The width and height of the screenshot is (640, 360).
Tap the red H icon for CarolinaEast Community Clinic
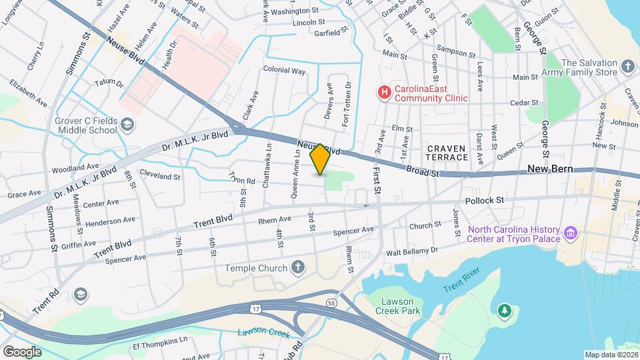(x=383, y=93)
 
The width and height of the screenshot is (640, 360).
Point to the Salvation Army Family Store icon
(x=627, y=67)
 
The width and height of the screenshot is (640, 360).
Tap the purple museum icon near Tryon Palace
(x=571, y=233)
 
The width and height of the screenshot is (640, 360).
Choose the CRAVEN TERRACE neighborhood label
(x=447, y=153)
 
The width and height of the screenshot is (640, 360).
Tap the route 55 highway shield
(x=331, y=303)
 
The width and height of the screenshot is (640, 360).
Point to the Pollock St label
(x=485, y=199)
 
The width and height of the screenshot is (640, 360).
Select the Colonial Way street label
(x=284, y=70)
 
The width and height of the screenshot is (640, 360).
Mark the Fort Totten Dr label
(x=346, y=104)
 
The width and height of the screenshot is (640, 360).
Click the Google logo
(x=22, y=351)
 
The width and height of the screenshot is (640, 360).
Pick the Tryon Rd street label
(x=242, y=179)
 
